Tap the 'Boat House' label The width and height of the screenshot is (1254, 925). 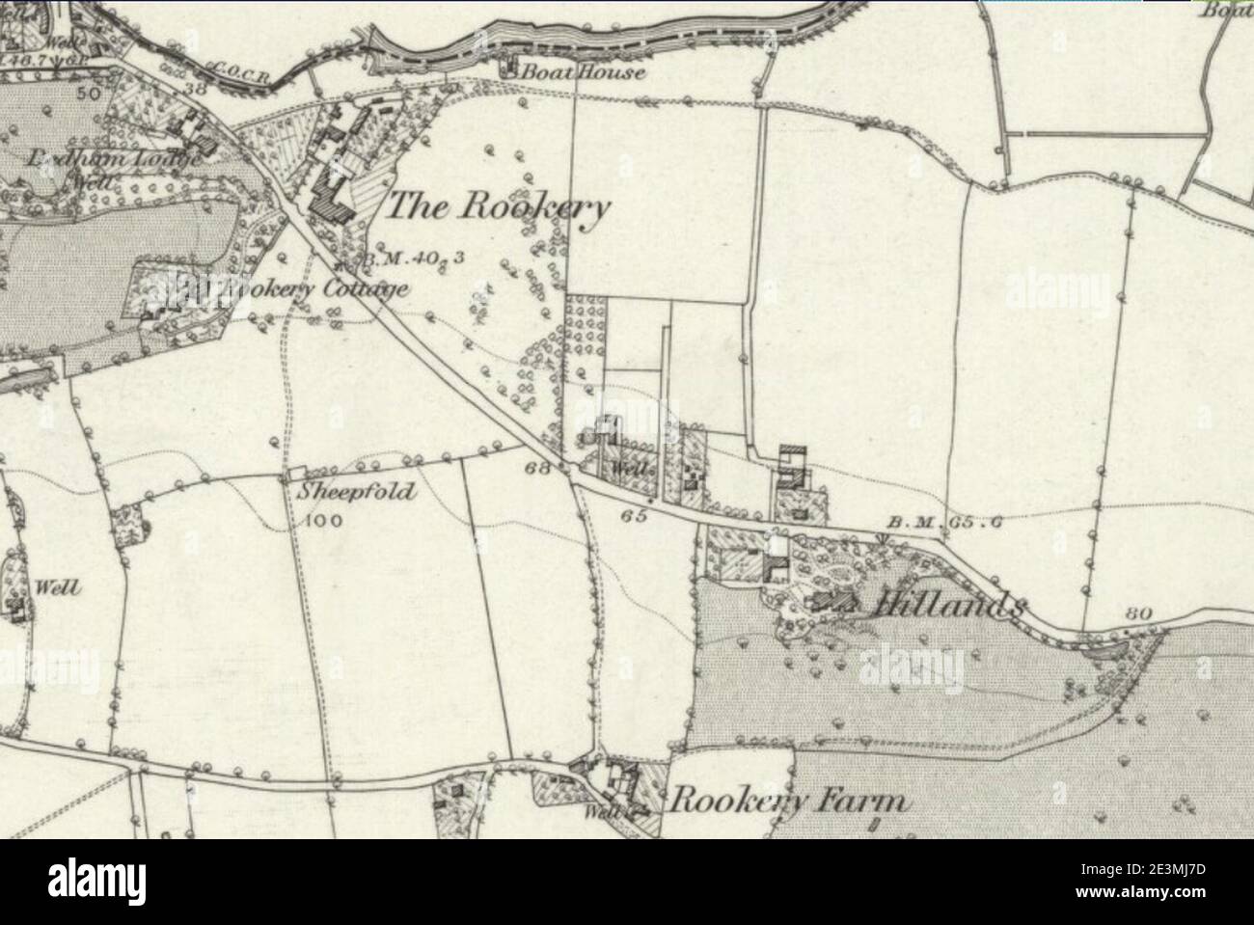point(582,72)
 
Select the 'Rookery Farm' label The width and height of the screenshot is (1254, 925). point(789,802)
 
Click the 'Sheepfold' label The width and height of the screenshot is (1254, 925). point(356,492)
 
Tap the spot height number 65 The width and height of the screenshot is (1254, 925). point(634,516)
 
